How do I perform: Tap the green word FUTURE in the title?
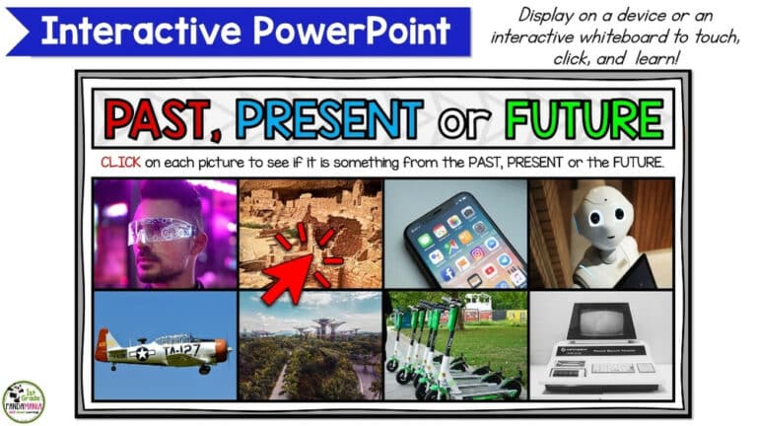(584, 120)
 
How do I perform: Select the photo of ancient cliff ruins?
(310, 234)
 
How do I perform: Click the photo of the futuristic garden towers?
(310, 346)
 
